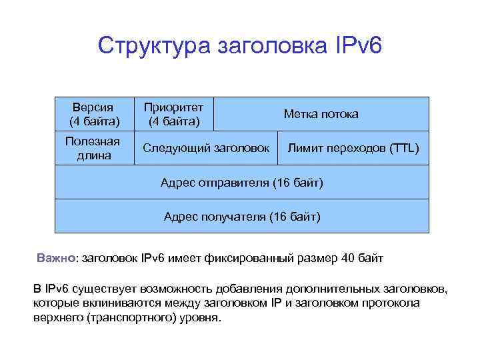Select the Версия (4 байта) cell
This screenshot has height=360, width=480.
pos(94,114)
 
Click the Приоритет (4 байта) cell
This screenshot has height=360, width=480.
pos(173,113)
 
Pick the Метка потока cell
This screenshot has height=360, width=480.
pos(321,114)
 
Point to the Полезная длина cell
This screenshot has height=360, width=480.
pos(93,148)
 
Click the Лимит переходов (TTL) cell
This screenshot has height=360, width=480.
pos(353,148)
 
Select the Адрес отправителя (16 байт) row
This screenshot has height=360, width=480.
pos(241,183)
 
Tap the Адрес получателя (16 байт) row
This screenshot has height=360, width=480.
pos(241,217)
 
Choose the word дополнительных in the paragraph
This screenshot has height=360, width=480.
pos(325,289)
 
